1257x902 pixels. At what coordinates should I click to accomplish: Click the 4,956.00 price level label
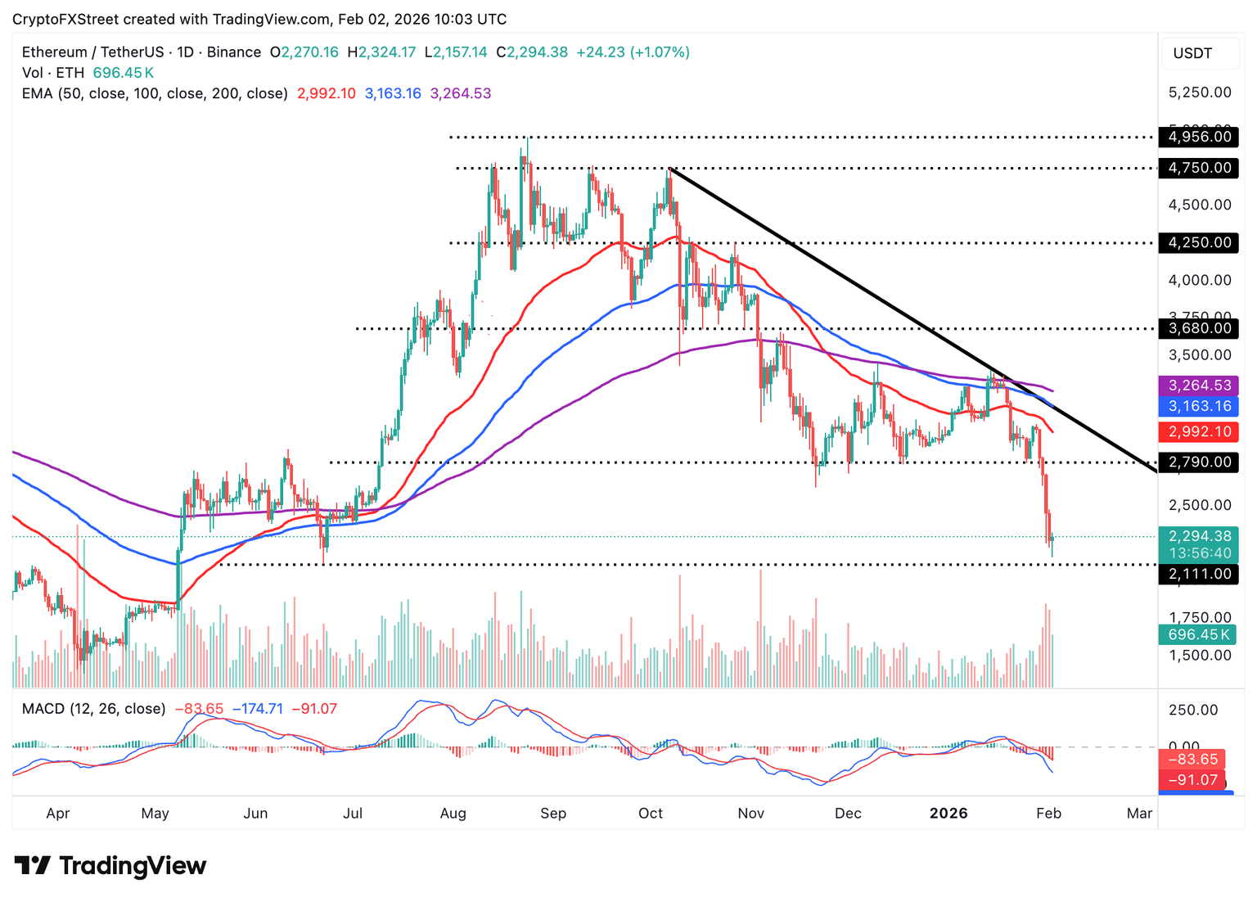pos(1199,137)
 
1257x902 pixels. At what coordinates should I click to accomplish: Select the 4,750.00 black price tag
pos(1199,168)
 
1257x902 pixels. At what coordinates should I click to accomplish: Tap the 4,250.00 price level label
pos(1199,242)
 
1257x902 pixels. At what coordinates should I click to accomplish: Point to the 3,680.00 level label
pos(1199,328)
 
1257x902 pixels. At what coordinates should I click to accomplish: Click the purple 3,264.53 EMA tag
pos(1199,386)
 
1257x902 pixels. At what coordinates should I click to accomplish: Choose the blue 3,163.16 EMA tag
pos(1199,406)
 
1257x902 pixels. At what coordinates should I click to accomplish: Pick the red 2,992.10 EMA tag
pos(1199,431)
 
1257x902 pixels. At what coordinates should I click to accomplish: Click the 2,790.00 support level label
pos(1199,462)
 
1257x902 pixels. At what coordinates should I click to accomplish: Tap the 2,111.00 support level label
pos(1199,574)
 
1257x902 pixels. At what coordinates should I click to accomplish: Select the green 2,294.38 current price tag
pos(1199,537)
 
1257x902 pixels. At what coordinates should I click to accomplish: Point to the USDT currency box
pos(1192,53)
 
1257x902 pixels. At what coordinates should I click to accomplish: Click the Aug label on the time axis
pos(453,813)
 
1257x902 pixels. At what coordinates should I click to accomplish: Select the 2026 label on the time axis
pos(948,813)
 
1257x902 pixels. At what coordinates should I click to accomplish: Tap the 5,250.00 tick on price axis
pos(1199,92)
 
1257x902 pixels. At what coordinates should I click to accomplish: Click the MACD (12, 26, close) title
pos(93,709)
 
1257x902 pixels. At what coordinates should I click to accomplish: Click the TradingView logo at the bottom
pos(110,866)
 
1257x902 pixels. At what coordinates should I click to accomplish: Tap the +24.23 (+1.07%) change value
pos(633,52)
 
